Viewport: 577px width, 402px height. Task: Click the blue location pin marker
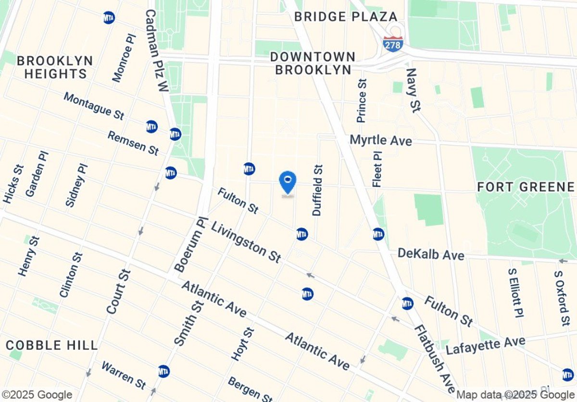288,182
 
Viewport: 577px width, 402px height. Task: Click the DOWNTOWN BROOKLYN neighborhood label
313,63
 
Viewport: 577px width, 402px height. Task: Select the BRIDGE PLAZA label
346,17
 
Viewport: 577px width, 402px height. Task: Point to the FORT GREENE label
526,187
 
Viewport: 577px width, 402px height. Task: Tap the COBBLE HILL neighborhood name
52,345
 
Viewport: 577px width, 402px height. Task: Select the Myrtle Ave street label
381,140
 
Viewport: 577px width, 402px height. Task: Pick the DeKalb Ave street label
431,254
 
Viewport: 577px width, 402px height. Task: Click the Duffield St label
318,190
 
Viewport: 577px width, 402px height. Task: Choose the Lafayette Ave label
486,346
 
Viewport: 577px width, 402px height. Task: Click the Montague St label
94,106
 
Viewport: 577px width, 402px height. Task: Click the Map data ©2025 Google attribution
515,395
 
